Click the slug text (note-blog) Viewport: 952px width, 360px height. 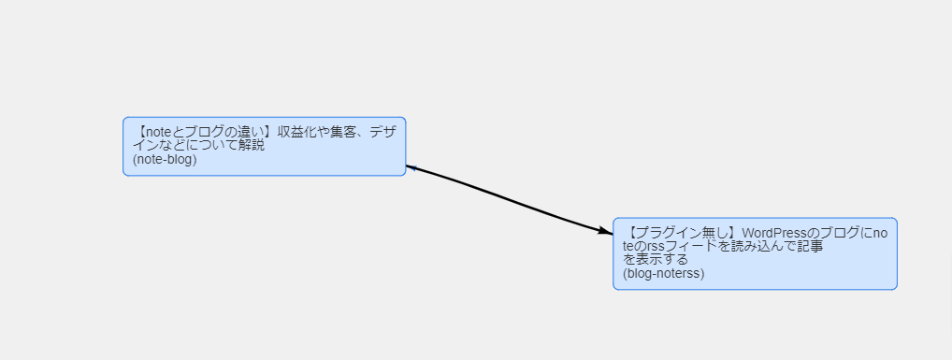coord(165,159)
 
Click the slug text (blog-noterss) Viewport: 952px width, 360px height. coord(663,274)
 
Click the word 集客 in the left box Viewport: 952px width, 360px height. coord(344,132)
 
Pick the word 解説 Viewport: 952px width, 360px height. coord(251,146)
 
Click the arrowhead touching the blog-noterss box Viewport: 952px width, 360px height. coord(605,230)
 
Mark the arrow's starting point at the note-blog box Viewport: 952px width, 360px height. coord(408,166)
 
